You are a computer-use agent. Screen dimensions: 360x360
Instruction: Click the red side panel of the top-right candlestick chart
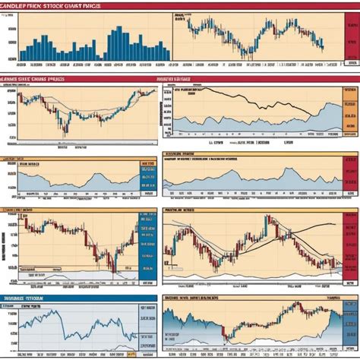[x=351, y=42]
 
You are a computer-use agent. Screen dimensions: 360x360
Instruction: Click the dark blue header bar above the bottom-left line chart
[x=76, y=298]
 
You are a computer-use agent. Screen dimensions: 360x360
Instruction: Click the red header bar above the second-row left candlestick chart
[x=76, y=78]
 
